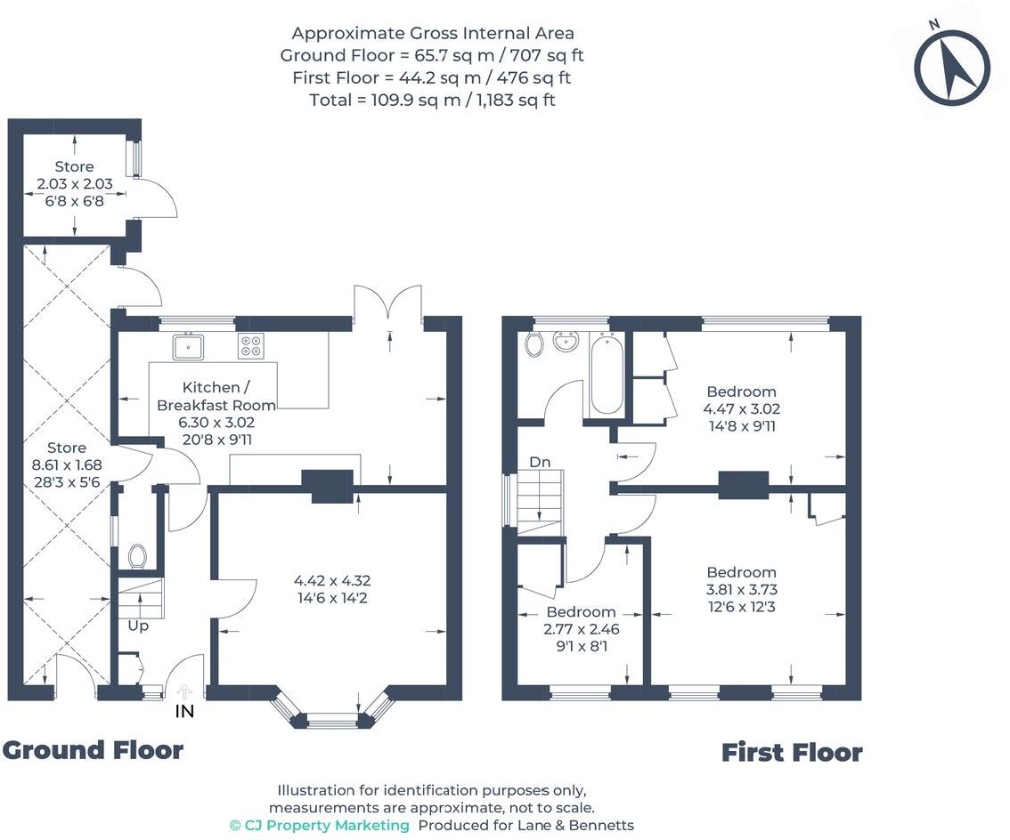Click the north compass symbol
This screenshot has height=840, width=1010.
pyautogui.click(x=951, y=68)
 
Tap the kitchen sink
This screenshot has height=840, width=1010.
pyautogui.click(x=190, y=346)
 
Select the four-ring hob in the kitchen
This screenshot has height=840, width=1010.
pyautogui.click(x=251, y=346)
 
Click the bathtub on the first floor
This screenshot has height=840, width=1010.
pyautogui.click(x=607, y=375)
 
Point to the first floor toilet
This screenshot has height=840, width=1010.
pyautogui.click(x=534, y=343)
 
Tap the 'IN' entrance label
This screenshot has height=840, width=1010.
pyautogui.click(x=184, y=711)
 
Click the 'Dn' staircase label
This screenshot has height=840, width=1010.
pyautogui.click(x=540, y=463)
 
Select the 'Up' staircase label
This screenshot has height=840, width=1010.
pyautogui.click(x=138, y=626)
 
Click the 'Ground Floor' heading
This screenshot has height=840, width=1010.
pyautogui.click(x=93, y=750)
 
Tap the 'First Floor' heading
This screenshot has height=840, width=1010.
pyautogui.click(x=791, y=753)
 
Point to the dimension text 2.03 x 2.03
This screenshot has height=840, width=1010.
pyautogui.click(x=74, y=184)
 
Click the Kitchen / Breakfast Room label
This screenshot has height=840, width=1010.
pyautogui.click(x=216, y=396)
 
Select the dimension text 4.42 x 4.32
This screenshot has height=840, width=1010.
pyautogui.click(x=330, y=581)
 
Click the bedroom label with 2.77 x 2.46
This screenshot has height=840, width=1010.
pyautogui.click(x=581, y=612)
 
